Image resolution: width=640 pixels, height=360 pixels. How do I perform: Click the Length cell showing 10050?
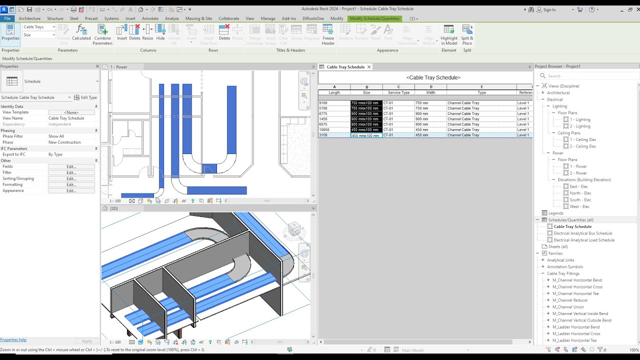pyautogui.click(x=334, y=129)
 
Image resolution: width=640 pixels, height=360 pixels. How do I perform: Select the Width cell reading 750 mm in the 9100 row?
pyautogui.click(x=430, y=103)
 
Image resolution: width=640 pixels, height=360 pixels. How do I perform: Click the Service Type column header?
pyautogui.click(x=398, y=92)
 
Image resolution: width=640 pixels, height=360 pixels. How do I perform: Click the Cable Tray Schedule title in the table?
pyautogui.click(x=433, y=77)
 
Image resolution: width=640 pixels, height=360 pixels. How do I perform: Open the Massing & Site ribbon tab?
pyautogui.click(x=198, y=18)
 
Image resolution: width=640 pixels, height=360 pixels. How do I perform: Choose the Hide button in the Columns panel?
pyautogui.click(x=160, y=33)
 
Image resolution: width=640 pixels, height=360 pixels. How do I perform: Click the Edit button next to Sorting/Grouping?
pyautogui.click(x=71, y=178)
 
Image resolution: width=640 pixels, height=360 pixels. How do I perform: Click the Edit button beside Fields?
pyautogui.click(x=71, y=166)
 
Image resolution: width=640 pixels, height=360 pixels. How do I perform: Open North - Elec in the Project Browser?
pyautogui.click(x=580, y=193)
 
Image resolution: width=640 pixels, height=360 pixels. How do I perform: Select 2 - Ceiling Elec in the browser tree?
pyautogui.click(x=582, y=146)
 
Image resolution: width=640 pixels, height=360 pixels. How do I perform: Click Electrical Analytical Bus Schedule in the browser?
pyautogui.click(x=582, y=233)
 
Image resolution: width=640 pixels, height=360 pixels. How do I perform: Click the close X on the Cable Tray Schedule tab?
pyautogui.click(x=369, y=67)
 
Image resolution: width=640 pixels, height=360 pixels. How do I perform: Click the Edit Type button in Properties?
pyautogui.click(x=85, y=97)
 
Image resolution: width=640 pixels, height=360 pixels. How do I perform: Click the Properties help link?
pyautogui.click(x=13, y=340)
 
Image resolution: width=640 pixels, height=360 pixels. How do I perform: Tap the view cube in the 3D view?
pyautogui.click(x=294, y=230)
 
